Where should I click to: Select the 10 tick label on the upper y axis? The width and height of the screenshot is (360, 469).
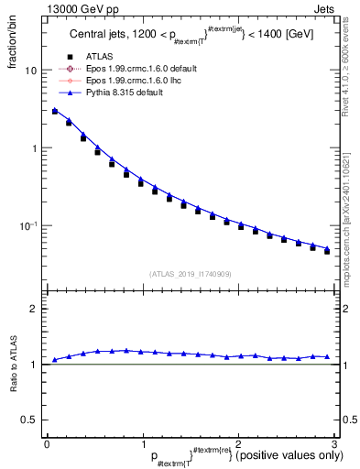click(30, 71)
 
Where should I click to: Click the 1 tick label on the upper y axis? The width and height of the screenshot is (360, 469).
click(33, 148)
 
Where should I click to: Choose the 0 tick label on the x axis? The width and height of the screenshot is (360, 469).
click(47, 444)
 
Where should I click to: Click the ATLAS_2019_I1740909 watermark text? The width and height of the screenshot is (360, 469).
click(190, 273)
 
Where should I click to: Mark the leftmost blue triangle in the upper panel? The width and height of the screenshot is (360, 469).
click(55, 110)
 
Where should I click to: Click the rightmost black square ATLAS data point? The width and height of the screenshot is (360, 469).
click(327, 250)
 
